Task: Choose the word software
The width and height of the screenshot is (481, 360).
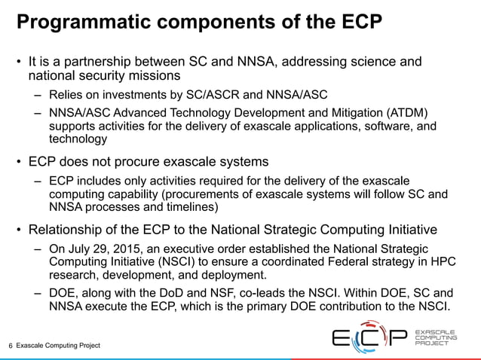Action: point(385,126)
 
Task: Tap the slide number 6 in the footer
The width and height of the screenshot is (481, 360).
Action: point(11,346)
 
